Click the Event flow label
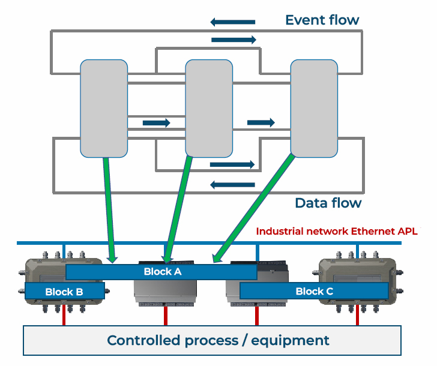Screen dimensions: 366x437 pyautogui.click(x=322, y=20)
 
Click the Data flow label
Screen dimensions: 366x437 pyautogui.click(x=328, y=203)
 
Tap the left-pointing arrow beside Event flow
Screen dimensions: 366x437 pyautogui.click(x=232, y=22)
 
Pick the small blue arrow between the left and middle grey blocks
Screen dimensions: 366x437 pyautogui.click(x=156, y=123)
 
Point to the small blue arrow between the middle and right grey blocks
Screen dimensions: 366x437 pyautogui.click(x=261, y=122)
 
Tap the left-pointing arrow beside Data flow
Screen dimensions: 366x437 pyautogui.click(x=232, y=184)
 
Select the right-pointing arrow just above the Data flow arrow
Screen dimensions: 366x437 pyautogui.click(x=232, y=164)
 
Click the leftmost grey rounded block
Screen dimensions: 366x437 pyautogui.click(x=104, y=108)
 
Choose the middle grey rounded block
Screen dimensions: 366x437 pyautogui.click(x=208, y=108)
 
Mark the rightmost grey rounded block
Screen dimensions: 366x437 pyautogui.click(x=314, y=108)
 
